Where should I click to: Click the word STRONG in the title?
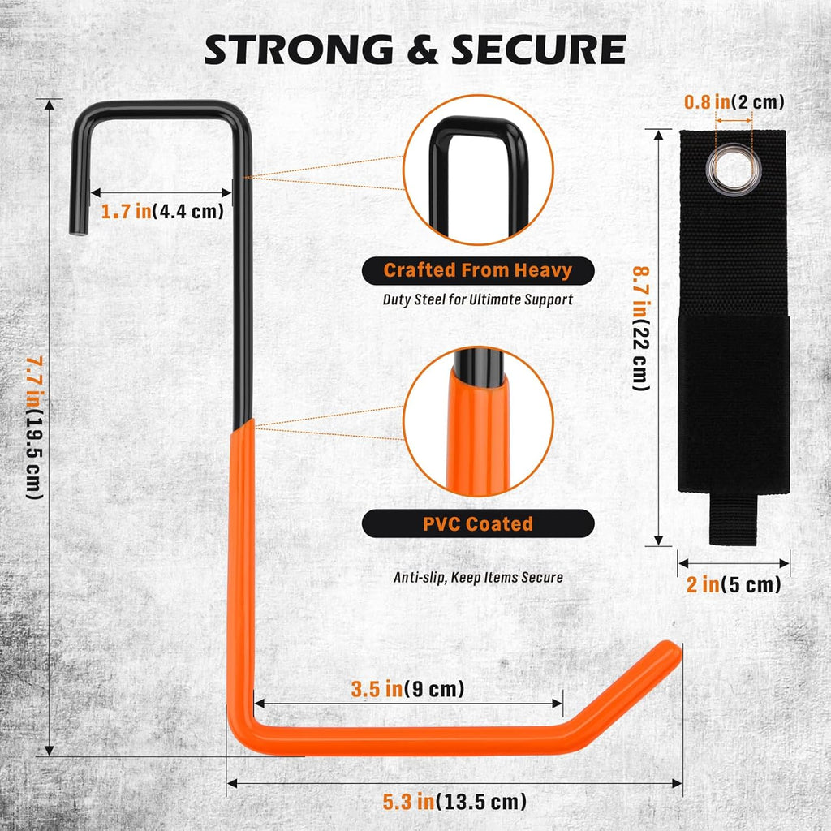coord(299,50)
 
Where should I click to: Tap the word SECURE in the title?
coord(539,50)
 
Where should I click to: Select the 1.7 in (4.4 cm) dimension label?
coord(162,212)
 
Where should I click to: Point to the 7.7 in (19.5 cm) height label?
coord(35,427)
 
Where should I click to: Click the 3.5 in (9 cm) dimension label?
coord(407,689)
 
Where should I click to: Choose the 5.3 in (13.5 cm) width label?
coord(454,802)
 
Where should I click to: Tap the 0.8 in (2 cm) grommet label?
coord(734,101)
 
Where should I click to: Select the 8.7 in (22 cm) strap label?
coord(641,329)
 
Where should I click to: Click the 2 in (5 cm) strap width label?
coord(734,584)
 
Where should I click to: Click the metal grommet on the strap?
coord(734,170)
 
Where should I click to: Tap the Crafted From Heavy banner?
coord(478,271)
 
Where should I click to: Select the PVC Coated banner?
coord(478,524)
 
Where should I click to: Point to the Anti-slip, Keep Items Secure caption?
coord(478,577)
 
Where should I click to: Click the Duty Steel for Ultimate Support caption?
coord(478,299)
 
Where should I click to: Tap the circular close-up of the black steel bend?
coord(478,170)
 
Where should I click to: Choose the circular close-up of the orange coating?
coord(478,421)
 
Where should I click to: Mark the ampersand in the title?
coord(422,50)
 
